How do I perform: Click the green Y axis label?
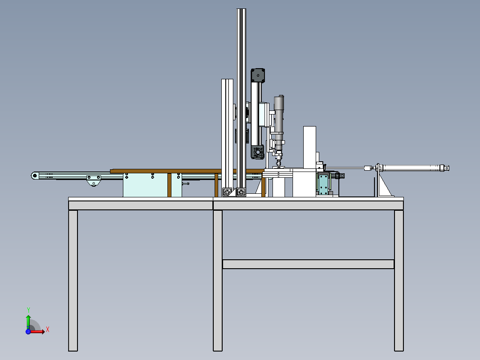(x=28, y=310)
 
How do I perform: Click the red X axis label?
(x=48, y=330)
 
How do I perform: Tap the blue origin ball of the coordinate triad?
(x=28, y=331)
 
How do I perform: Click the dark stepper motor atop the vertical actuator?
(x=258, y=75)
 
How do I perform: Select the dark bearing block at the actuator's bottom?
(x=257, y=152)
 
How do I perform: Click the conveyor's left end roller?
(x=35, y=176)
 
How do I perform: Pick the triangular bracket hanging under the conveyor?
(x=94, y=181)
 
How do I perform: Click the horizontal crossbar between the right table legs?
(x=308, y=264)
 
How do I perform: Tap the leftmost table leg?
(x=73, y=280)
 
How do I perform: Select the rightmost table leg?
(x=399, y=280)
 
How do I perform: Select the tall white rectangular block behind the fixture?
(x=309, y=147)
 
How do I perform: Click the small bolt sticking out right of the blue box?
(x=186, y=184)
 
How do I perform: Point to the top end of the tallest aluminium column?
(x=241, y=10)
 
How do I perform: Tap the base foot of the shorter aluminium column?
(x=227, y=192)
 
